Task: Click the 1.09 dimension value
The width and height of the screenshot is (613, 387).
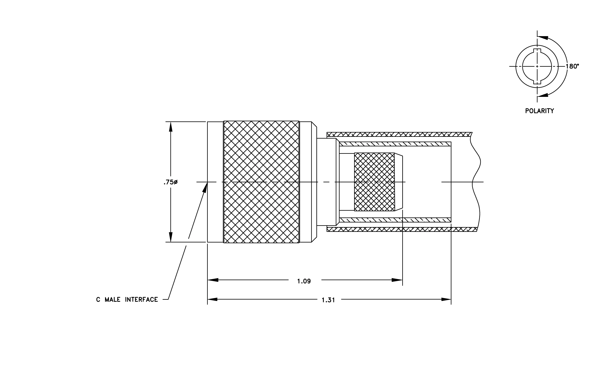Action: pyautogui.click(x=304, y=281)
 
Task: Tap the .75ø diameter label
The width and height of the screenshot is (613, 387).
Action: pyautogui.click(x=171, y=182)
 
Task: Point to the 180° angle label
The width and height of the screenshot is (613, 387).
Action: pyautogui.click(x=572, y=66)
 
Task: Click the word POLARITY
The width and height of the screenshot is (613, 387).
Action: pyautogui.click(x=539, y=111)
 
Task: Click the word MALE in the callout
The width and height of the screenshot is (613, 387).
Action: pyautogui.click(x=112, y=300)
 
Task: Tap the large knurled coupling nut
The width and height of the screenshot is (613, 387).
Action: pyautogui.click(x=261, y=182)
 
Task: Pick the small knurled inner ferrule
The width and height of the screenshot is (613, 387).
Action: pyautogui.click(x=374, y=182)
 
